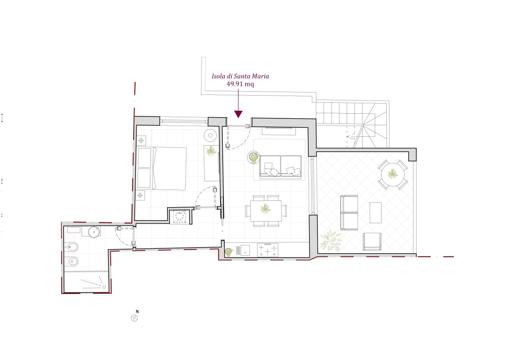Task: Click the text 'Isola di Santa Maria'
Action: tap(240, 76)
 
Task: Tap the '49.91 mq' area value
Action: tap(240, 84)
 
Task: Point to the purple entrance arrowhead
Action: tap(238, 114)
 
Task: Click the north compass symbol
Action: tap(134, 318)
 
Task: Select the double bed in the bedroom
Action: tap(162, 168)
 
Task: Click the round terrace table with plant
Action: tap(393, 174)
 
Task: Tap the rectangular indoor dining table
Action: tap(266, 211)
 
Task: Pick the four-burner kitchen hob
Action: tap(267, 250)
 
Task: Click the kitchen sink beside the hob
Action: tap(245, 250)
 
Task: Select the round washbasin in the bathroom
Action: tap(94, 232)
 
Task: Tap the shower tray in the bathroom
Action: tap(86, 282)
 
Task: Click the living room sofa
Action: tap(281, 166)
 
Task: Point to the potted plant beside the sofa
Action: tap(254, 157)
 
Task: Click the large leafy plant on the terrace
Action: tap(331, 241)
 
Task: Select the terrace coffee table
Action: tap(375, 213)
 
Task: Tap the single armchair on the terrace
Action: tap(372, 242)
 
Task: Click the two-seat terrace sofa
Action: tap(349, 212)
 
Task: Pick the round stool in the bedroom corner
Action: tap(210, 136)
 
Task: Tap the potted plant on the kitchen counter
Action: tap(229, 252)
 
